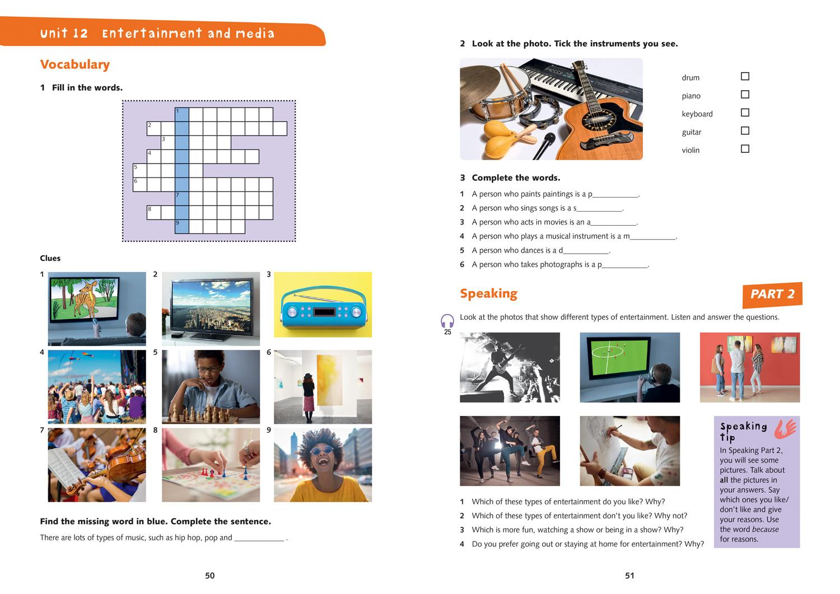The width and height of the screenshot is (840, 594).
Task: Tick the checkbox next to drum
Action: (x=745, y=76)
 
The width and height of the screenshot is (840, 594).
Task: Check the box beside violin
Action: (x=745, y=149)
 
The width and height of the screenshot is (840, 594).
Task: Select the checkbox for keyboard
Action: (x=745, y=113)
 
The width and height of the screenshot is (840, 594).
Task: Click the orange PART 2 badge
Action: (x=772, y=294)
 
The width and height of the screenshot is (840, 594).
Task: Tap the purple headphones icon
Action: (x=447, y=321)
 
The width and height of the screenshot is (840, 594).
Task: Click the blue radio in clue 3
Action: (x=323, y=311)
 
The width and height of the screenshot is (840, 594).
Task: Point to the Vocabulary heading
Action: (x=75, y=64)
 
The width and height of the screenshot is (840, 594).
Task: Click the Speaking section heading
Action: (x=488, y=293)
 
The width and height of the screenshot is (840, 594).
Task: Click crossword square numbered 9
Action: (x=181, y=226)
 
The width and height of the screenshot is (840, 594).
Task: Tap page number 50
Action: (x=210, y=576)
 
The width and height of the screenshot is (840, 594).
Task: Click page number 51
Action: (x=629, y=576)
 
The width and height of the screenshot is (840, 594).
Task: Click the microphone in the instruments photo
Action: (x=544, y=146)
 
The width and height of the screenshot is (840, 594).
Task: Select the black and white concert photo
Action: (x=510, y=367)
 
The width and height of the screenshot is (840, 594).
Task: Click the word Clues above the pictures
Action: (x=50, y=258)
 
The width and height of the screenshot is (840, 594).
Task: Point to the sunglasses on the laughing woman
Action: (x=321, y=450)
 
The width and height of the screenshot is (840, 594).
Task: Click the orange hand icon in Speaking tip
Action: (x=785, y=428)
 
